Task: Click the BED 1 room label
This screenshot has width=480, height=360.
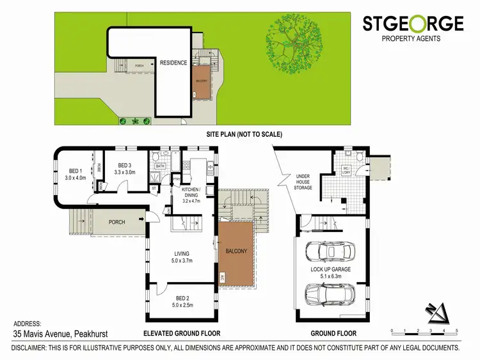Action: tap(77, 173)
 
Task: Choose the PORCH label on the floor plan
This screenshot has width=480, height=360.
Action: tap(116, 222)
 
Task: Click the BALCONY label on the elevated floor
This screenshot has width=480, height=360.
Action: tap(236, 251)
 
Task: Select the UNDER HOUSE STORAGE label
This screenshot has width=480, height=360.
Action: tap(303, 183)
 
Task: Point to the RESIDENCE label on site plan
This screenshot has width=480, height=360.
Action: tap(173, 63)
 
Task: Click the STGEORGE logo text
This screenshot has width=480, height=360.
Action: tap(413, 24)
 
